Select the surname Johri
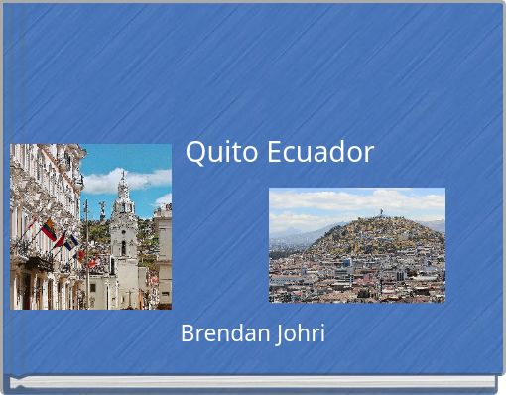(x=299, y=333)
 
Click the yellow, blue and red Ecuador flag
(x=48, y=230)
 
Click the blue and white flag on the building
(x=70, y=241)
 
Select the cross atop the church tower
(x=122, y=175)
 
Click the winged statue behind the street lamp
(x=99, y=210)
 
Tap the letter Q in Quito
(x=194, y=152)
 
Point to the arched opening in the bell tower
(x=123, y=248)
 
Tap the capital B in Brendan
(x=187, y=333)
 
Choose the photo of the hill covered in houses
(x=356, y=244)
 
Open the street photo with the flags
(x=90, y=226)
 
